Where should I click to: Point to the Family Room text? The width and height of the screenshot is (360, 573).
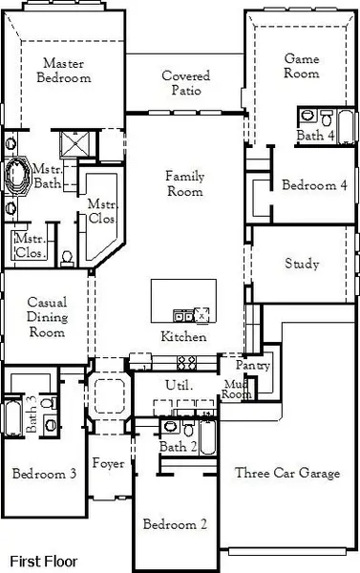click(184, 183)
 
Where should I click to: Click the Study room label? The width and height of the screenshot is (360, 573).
click(302, 265)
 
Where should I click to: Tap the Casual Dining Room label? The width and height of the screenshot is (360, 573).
click(46, 317)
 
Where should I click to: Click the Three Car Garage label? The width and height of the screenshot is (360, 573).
click(286, 473)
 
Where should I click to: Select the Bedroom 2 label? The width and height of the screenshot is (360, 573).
click(175, 524)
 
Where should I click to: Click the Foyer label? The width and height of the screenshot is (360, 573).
click(108, 464)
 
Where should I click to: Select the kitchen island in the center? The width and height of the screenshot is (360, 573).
click(183, 302)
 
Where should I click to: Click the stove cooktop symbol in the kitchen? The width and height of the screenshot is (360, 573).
click(187, 362)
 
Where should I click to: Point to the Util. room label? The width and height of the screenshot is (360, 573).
click(180, 385)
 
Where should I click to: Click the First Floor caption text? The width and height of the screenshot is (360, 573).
click(44, 561)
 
